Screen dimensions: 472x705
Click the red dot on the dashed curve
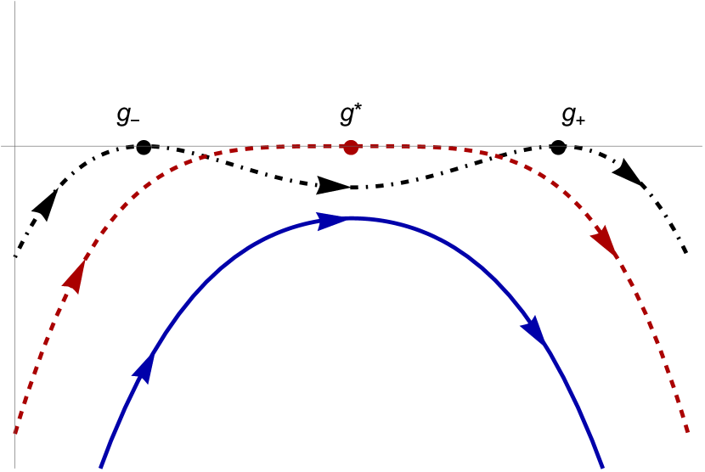[350, 148]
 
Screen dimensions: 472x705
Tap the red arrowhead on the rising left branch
[76, 276]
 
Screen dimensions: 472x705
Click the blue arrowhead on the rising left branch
[144, 368]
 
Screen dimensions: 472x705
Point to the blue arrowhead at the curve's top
[332, 221]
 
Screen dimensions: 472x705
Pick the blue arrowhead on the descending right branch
[534, 330]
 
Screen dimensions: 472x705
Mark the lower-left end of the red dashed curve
[15, 434]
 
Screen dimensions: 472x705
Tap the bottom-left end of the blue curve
[101, 467]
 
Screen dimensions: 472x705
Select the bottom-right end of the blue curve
[602, 467]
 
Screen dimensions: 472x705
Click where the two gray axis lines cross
[14, 146]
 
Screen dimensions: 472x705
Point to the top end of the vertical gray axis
[14, 1]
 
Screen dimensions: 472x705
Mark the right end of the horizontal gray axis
[703, 146]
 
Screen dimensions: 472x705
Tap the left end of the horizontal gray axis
[1, 146]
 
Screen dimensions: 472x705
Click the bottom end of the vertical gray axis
[14, 470]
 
